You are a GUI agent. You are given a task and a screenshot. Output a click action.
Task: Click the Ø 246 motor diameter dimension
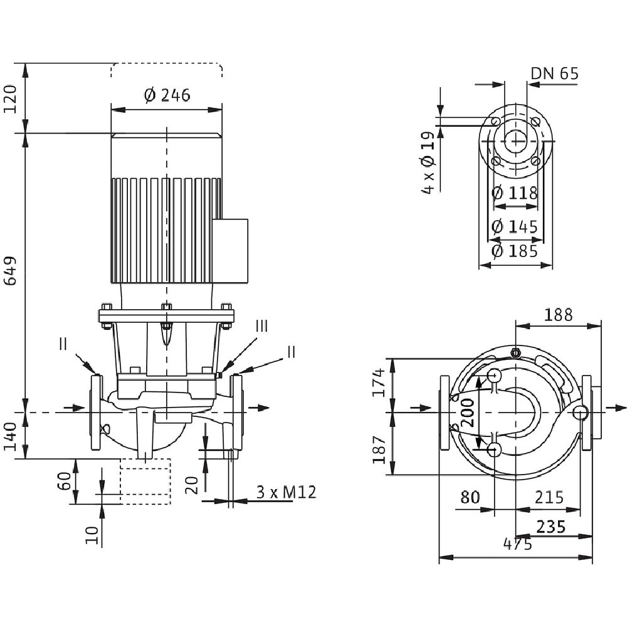coord(167,95)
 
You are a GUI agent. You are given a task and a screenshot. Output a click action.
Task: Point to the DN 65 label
coord(554,74)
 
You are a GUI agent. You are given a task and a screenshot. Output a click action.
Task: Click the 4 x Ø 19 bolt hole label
coord(429,162)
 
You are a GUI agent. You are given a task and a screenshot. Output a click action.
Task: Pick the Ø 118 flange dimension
coord(515,192)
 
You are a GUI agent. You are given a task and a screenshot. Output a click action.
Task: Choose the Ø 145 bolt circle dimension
coord(515,226)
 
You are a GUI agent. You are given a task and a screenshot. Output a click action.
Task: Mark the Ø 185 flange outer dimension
coord(515,251)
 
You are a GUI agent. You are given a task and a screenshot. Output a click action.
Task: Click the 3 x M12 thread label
coord(286,493)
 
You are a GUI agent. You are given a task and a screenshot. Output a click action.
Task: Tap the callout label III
coord(261,326)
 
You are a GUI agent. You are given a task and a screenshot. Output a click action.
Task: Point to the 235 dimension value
coord(552,527)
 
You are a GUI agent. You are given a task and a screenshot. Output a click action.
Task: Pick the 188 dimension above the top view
coord(557,315)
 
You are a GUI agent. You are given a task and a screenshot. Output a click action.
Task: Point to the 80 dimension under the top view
coord(470,497)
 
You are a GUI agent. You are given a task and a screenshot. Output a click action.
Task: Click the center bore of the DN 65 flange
coord(516,141)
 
